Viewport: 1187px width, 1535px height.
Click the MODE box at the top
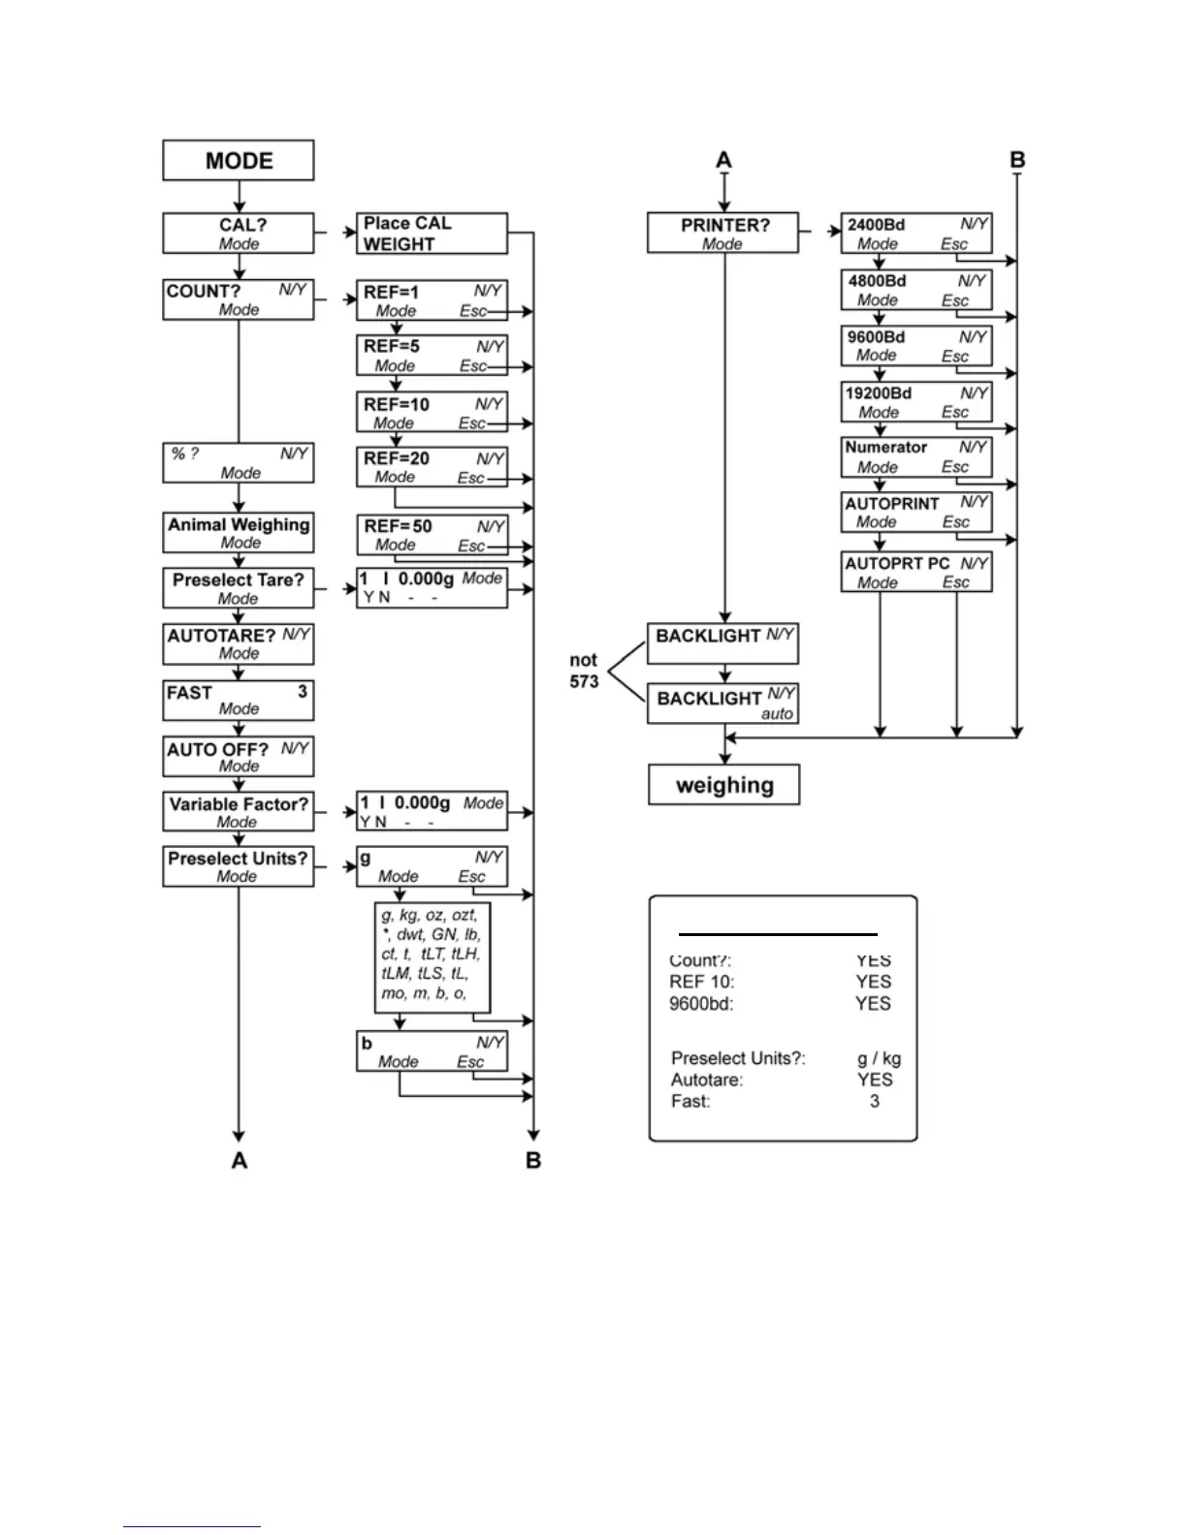point(239,161)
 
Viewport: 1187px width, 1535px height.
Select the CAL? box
point(239,234)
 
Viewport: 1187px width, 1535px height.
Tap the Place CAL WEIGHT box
point(432,234)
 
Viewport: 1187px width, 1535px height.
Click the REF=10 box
point(432,413)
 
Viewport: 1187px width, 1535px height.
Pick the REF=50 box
point(432,535)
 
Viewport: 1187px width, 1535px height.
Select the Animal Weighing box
point(239,532)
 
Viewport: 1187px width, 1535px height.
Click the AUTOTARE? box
point(239,643)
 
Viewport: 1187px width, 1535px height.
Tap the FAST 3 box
point(239,700)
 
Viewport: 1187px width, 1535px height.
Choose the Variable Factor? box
point(239,812)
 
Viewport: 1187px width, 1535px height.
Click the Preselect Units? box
point(239,866)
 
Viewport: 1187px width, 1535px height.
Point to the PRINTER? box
point(723,234)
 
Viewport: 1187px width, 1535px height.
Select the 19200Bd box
point(916,402)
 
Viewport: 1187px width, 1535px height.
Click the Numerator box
point(916,456)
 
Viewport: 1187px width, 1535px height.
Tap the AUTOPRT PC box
point(916,572)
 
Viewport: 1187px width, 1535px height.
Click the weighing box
point(724,785)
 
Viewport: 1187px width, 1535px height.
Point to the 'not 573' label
point(584,671)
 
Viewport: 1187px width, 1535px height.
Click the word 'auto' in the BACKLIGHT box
point(777,714)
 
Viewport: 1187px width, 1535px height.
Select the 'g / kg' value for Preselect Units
point(880,1058)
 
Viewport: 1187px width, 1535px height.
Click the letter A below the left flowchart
point(240,1160)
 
